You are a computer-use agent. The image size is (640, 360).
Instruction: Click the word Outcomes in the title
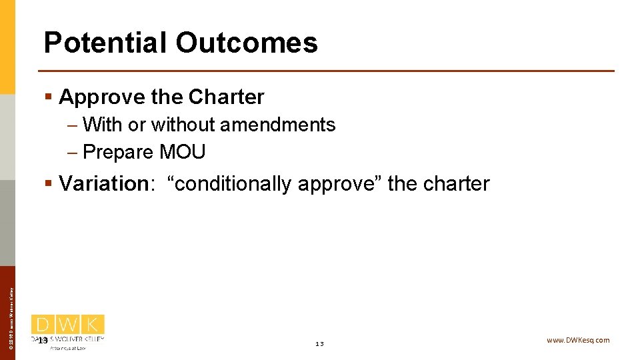click(x=247, y=43)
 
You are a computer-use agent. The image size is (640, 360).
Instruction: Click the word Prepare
click(x=118, y=152)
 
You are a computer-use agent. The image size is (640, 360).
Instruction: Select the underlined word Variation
click(x=103, y=183)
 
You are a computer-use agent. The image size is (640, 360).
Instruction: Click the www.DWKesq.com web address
click(x=578, y=340)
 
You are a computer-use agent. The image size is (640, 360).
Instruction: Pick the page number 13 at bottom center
click(x=319, y=344)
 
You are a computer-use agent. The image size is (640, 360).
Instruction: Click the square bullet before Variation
click(x=48, y=183)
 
